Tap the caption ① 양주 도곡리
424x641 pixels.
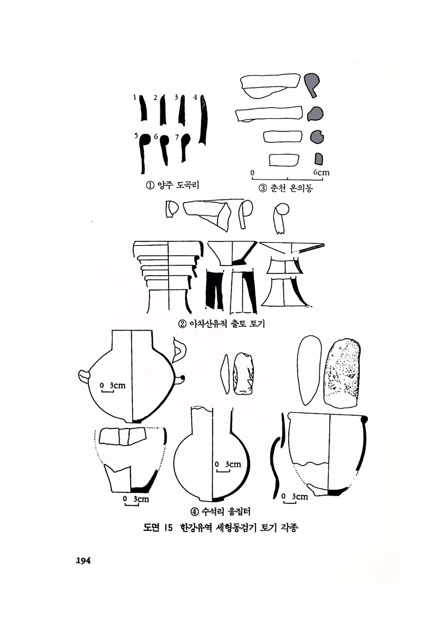click(172, 185)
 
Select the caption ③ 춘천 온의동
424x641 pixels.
click(286, 188)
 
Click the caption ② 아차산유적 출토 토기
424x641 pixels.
click(222, 323)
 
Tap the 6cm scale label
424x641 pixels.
click(321, 173)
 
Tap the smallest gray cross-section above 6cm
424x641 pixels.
click(319, 159)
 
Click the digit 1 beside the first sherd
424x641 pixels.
click(135, 97)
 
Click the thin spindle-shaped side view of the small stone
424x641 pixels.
click(225, 374)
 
